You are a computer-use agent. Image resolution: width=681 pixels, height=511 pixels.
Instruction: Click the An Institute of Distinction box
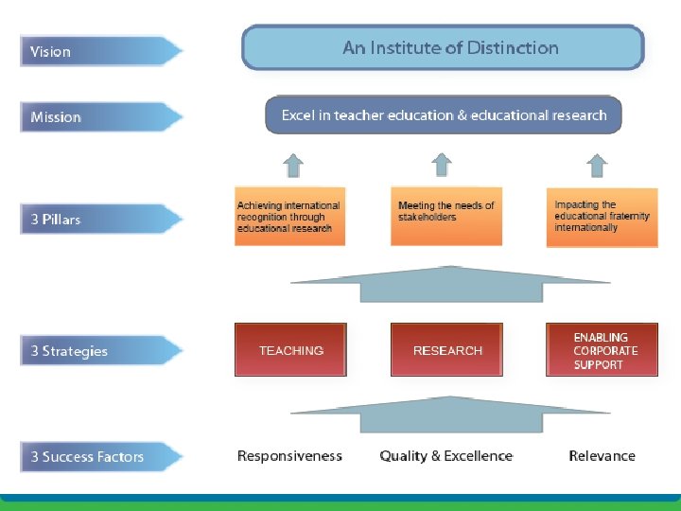tap(443, 47)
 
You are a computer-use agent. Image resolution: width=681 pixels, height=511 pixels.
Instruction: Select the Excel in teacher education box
tap(444, 115)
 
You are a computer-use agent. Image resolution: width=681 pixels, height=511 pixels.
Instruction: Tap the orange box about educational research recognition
tap(289, 217)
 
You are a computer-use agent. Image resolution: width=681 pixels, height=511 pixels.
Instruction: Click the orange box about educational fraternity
tap(602, 217)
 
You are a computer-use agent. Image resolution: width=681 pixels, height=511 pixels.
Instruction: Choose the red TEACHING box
tap(290, 350)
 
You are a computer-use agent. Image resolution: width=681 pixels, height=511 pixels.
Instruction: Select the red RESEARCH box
tap(447, 350)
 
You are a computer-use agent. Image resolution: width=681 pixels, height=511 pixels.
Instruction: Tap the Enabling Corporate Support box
tap(602, 350)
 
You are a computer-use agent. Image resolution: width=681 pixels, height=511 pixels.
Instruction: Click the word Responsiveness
tap(289, 456)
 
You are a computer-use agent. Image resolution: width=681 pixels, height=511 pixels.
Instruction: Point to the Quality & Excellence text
tap(445, 456)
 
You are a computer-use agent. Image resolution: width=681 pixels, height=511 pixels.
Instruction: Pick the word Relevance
tap(602, 456)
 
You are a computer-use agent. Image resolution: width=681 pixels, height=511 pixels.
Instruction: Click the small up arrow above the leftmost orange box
tap(293, 167)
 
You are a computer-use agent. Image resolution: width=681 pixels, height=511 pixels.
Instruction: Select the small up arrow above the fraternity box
tap(596, 167)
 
